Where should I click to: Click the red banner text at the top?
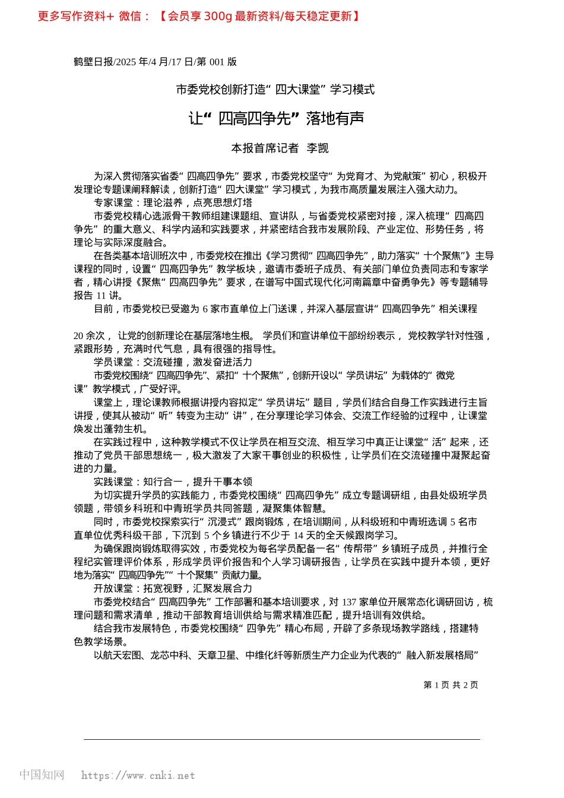pos(199,16)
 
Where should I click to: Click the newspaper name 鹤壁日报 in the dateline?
pos(93,62)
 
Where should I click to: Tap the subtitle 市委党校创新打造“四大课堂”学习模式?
pos(275,90)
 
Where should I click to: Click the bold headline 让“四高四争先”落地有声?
pos(276,119)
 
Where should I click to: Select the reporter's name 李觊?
pos(317,148)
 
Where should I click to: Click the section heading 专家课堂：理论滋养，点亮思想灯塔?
pos(173,202)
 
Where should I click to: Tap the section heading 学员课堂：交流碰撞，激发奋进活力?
pos(173,362)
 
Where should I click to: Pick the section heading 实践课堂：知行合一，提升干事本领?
pos(173,482)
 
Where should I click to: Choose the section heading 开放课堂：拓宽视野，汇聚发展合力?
pos(173,588)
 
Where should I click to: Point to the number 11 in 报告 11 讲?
pos(101,296)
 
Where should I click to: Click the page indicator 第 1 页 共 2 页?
pos(451,685)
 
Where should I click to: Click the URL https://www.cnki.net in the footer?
pos(138,775)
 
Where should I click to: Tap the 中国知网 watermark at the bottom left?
pos(42,775)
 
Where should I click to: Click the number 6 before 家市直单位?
pos(205,309)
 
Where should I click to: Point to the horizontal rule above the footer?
pos(282,739)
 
